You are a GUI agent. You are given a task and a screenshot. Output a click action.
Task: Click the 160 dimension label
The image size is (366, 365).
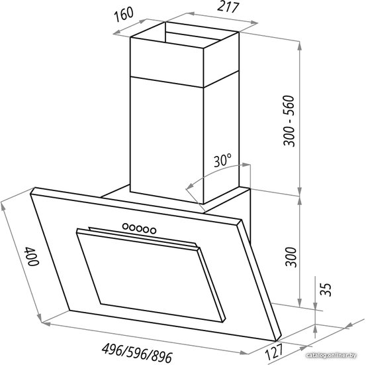click(x=124, y=15)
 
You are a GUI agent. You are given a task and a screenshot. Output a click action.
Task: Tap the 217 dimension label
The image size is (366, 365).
click(x=228, y=7)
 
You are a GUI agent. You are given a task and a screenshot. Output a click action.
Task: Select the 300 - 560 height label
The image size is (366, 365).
click(x=289, y=121)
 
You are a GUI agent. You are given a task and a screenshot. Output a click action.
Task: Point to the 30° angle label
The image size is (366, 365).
click(x=222, y=160)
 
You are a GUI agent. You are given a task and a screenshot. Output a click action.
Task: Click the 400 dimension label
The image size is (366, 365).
click(x=32, y=256)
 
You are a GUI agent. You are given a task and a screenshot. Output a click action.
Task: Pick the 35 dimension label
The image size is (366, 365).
click(x=326, y=289)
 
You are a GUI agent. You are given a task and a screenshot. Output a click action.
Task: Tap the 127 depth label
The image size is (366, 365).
click(x=275, y=352)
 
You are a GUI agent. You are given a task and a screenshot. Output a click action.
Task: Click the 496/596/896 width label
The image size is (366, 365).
click(x=137, y=353)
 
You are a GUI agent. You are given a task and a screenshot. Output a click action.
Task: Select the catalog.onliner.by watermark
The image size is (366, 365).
click(x=331, y=356)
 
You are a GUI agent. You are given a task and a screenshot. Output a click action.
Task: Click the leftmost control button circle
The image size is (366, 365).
click(x=126, y=226)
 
